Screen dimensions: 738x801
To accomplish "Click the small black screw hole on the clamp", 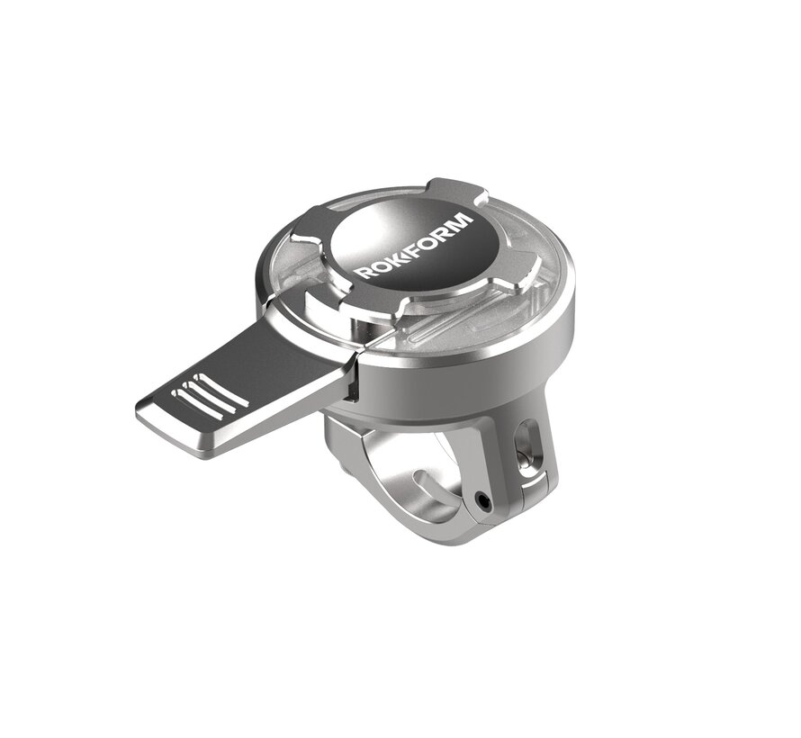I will (484, 497).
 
